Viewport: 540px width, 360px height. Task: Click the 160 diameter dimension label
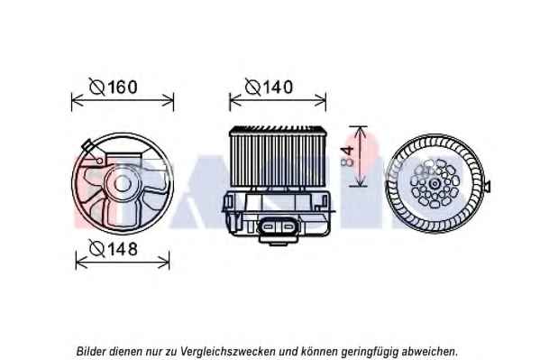point(114,87)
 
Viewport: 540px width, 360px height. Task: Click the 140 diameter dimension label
point(269,87)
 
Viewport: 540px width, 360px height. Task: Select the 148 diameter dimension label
point(114,248)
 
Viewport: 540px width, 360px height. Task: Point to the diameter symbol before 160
point(96,87)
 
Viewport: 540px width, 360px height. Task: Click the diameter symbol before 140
point(252,87)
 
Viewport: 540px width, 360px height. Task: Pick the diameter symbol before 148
point(96,248)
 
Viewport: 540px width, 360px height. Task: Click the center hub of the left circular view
point(122,183)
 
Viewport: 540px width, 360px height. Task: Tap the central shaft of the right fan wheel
point(435,183)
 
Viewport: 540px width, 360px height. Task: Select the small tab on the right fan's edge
point(487,186)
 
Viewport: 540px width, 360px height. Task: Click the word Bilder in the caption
point(91,351)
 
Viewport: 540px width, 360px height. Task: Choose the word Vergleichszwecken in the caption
point(228,352)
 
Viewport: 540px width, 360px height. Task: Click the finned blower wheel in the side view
point(278,157)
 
